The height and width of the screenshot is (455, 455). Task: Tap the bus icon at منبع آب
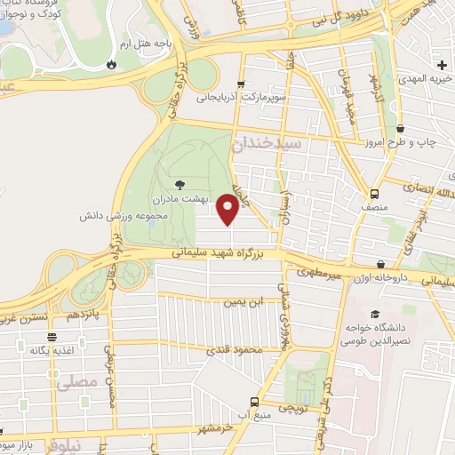[x=256, y=402]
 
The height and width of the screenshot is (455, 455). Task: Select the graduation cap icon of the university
[x=374, y=315]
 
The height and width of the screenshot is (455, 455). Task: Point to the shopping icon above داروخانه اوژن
[x=380, y=264]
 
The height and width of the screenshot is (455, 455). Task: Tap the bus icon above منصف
[x=374, y=194]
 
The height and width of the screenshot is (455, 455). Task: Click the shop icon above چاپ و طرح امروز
[x=401, y=128]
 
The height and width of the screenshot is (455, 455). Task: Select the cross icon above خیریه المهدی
[x=442, y=63]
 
